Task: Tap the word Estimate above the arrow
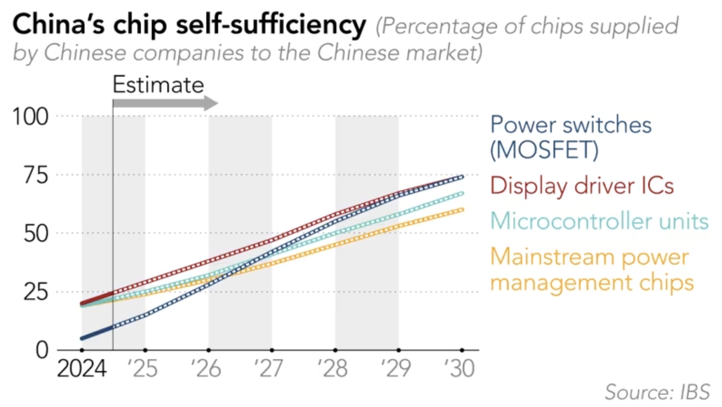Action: coord(158,84)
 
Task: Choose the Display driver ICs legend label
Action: coord(582,185)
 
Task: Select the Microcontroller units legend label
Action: coord(599,221)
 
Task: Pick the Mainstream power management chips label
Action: coord(591,270)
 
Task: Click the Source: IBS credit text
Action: coord(657,390)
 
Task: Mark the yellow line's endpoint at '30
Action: coord(462,209)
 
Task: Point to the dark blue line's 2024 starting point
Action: coord(83,338)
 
